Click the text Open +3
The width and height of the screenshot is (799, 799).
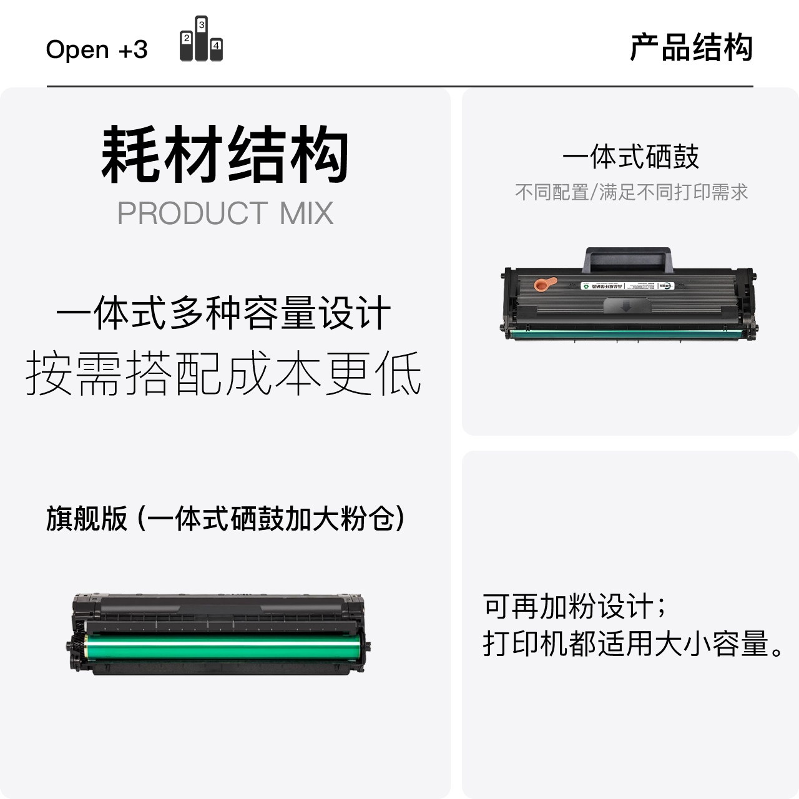97,49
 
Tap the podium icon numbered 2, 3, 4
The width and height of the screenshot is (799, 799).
201,39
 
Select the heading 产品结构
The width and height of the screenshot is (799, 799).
691,47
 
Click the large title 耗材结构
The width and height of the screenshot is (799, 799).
225,154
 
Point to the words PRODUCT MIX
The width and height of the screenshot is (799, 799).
225,213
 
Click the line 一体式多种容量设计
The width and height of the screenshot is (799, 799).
223,313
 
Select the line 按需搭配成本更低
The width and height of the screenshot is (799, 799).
223,373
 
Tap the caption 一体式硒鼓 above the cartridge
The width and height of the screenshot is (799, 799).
630,157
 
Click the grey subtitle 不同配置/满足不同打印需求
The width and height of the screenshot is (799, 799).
631,192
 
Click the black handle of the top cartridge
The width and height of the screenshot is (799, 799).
628,259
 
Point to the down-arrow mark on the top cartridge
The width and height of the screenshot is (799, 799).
627,306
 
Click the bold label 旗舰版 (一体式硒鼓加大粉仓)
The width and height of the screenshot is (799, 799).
225,519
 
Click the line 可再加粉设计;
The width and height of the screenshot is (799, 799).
574,607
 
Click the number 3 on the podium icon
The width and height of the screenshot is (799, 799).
202,25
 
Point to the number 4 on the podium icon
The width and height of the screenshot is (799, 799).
216,46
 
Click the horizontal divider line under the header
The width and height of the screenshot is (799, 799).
399,86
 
